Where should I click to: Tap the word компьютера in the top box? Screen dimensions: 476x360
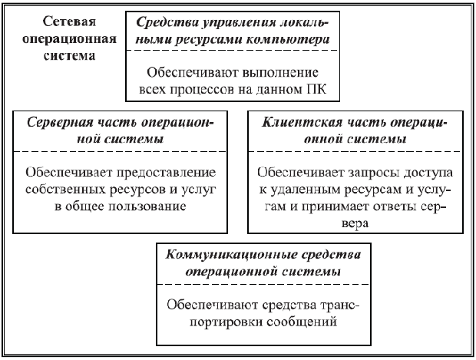click(x=302, y=37)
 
